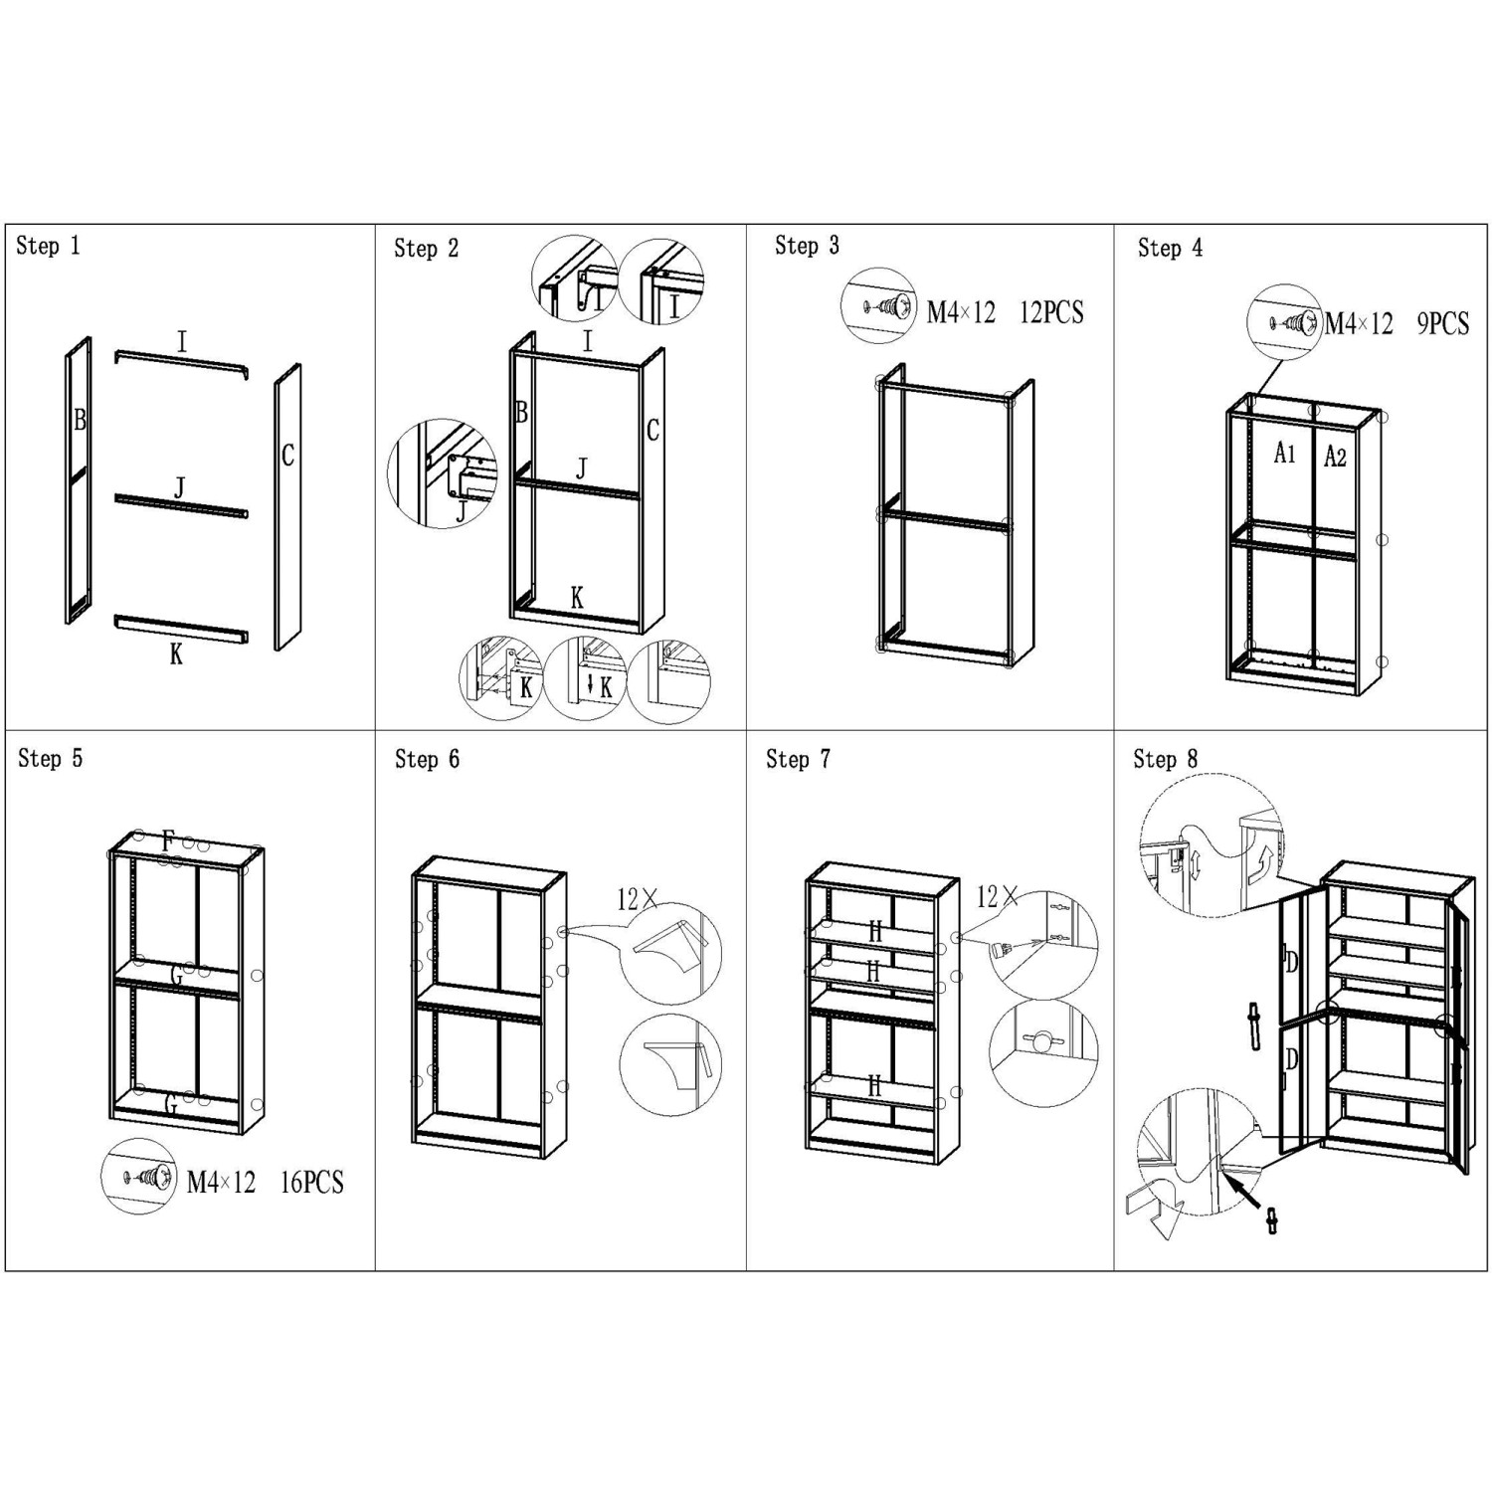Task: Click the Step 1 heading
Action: coord(48,246)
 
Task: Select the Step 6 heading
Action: coord(427,760)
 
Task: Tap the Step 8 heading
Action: coord(1166,760)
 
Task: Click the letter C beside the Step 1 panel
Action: coord(287,456)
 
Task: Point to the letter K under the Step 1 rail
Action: coord(176,654)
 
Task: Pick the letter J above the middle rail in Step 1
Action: coord(180,487)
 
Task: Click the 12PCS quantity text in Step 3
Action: coord(1051,312)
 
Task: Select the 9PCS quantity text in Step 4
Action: coord(1443,323)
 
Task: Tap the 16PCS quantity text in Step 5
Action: coord(311,1183)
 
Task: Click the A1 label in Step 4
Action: coord(1285,454)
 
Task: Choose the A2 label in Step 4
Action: coord(1335,457)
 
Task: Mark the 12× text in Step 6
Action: coord(638,900)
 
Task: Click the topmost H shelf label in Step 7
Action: coord(875,932)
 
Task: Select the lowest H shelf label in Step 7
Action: coord(874,1086)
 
